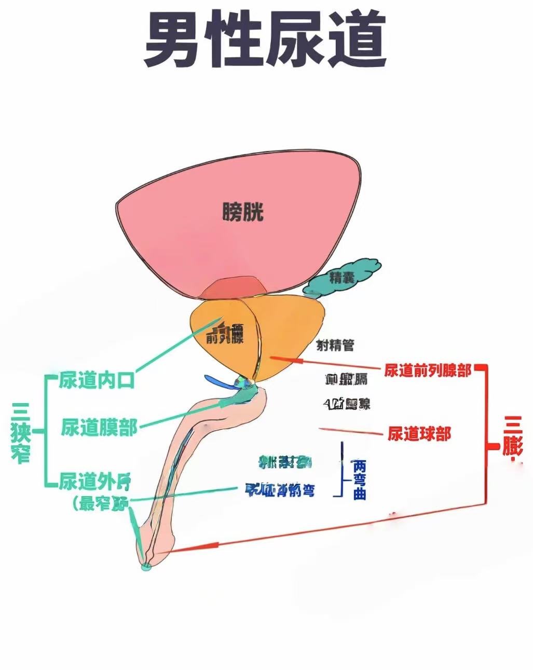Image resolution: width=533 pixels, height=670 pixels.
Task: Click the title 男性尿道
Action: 265,40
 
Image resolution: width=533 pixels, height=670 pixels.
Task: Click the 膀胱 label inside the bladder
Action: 243,212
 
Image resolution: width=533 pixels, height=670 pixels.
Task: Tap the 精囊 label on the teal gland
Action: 341,278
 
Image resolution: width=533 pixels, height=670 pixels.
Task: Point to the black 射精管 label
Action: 335,345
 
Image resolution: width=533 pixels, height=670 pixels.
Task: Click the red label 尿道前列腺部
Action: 428,370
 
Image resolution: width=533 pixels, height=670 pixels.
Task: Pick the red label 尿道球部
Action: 419,433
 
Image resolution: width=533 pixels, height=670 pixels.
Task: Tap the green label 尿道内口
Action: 97,380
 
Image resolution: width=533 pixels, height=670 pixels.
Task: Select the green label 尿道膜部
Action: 99,428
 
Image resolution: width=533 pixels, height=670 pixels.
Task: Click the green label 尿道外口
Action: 94,482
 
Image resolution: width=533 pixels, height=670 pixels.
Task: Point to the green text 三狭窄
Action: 21,433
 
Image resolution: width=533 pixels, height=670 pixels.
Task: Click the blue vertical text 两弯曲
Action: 359,479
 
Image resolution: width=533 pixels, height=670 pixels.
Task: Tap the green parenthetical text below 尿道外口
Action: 101,503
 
